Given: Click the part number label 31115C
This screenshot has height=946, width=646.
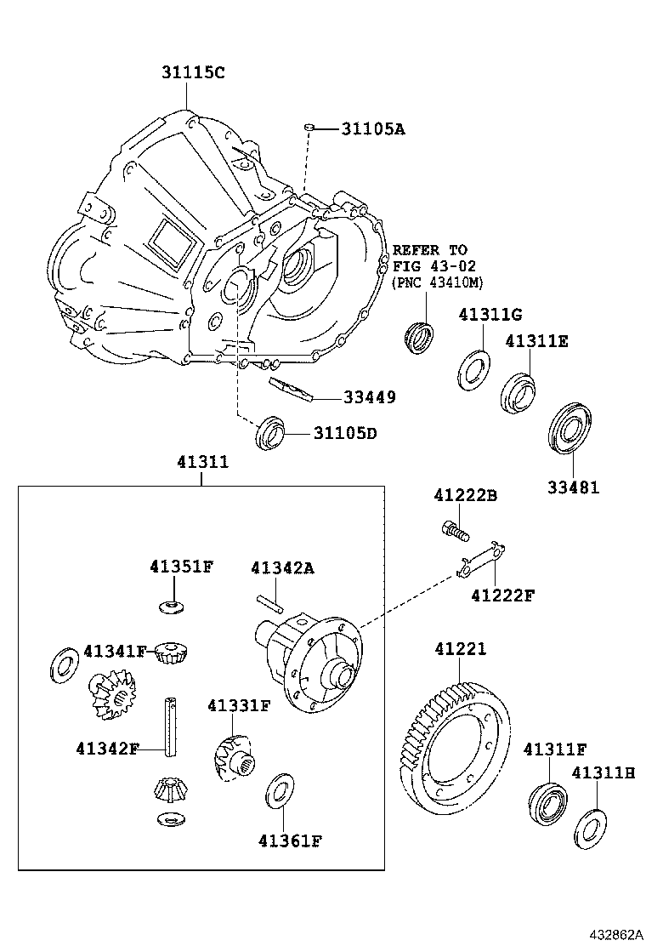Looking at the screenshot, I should [x=193, y=73].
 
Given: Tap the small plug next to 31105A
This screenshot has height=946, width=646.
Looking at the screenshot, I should [x=311, y=128].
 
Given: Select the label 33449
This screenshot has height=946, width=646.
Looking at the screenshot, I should [x=369, y=397].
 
